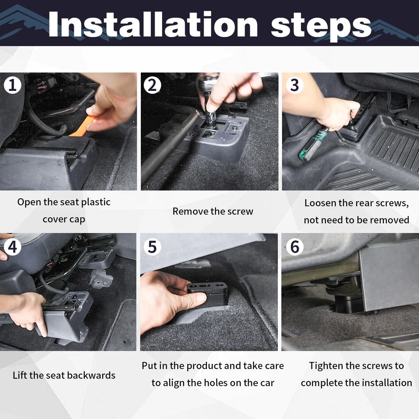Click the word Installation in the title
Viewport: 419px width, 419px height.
[x=153, y=25]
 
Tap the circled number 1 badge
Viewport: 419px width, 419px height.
[x=12, y=85]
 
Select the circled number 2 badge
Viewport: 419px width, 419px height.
[x=153, y=85]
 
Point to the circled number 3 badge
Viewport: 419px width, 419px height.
[x=295, y=85]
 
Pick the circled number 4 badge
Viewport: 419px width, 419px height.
[x=12, y=247]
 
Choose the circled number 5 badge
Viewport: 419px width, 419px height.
[x=153, y=247]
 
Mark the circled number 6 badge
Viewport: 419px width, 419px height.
[x=295, y=247]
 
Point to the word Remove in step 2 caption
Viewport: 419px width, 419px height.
[x=190, y=211]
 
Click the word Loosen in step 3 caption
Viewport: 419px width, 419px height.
[x=320, y=203]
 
